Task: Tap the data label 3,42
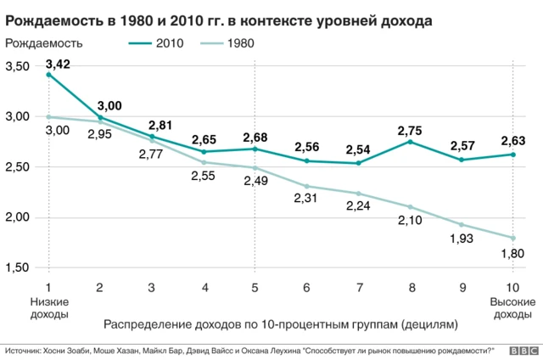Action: pos(59,64)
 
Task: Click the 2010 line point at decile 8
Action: pos(411,142)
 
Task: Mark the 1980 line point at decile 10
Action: pos(513,238)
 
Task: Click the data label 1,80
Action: pos(512,253)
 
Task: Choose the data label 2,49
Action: pos(255,182)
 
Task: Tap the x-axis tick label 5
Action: pos(255,287)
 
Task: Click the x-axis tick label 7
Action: pos(358,287)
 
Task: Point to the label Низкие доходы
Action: pos(48,308)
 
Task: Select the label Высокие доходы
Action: pos(512,308)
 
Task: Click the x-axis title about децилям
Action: pos(280,324)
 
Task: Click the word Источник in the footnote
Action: pos(25,349)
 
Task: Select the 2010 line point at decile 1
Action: pos(48,75)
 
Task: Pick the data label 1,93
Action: pos(462,239)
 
